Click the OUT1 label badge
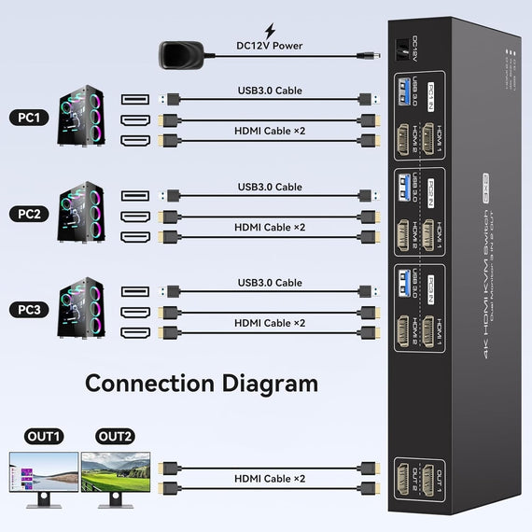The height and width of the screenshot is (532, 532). click(x=43, y=437)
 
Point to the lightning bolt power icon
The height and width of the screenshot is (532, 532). click(x=270, y=31)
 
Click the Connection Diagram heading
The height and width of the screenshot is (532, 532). click(x=202, y=384)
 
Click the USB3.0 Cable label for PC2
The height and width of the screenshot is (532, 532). click(x=270, y=187)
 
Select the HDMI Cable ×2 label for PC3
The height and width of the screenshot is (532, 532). click(x=270, y=323)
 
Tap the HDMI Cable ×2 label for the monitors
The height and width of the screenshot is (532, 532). click(x=270, y=479)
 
